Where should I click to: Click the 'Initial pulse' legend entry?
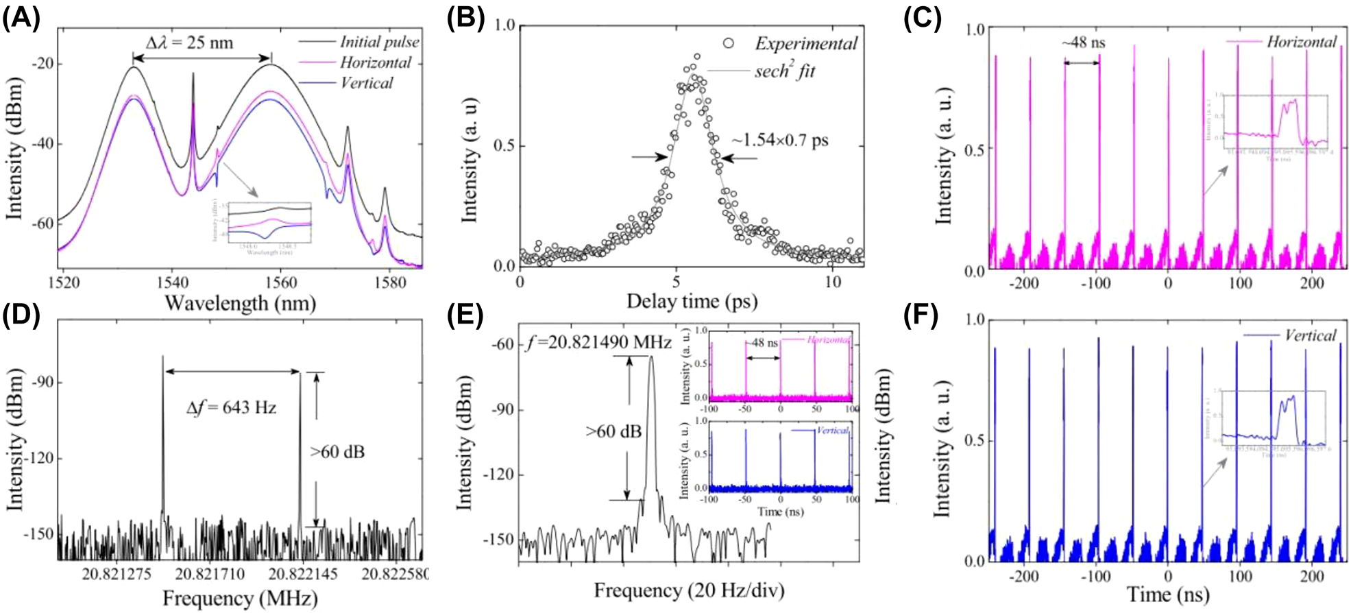(x=379, y=42)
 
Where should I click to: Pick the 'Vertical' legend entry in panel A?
(x=367, y=83)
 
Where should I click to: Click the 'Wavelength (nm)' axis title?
(x=240, y=302)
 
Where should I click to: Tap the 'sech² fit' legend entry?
(x=785, y=71)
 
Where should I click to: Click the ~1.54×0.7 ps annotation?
(x=780, y=141)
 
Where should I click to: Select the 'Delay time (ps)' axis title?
(x=692, y=300)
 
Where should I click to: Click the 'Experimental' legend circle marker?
(x=728, y=43)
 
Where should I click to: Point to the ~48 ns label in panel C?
(x=1083, y=43)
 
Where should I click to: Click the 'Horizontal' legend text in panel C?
(x=1301, y=42)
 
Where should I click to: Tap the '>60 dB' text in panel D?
(x=337, y=452)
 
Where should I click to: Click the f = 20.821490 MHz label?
(x=598, y=341)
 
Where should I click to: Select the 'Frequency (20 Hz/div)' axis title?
(x=688, y=590)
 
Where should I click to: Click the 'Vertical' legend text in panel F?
(x=1310, y=335)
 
